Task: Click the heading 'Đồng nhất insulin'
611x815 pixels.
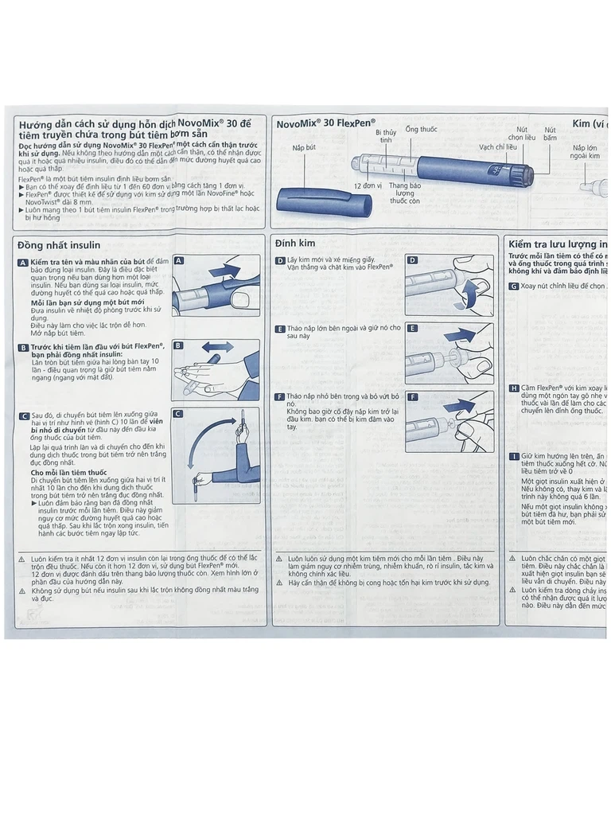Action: pos(60,245)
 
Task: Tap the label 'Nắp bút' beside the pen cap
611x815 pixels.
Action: pos(304,148)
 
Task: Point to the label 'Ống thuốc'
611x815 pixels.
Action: pos(421,129)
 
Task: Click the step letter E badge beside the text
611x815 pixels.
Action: pos(280,329)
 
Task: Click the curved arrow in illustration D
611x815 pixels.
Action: pos(469,295)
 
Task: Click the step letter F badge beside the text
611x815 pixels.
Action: pos(280,396)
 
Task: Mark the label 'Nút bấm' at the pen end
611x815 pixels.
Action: pos(550,134)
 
